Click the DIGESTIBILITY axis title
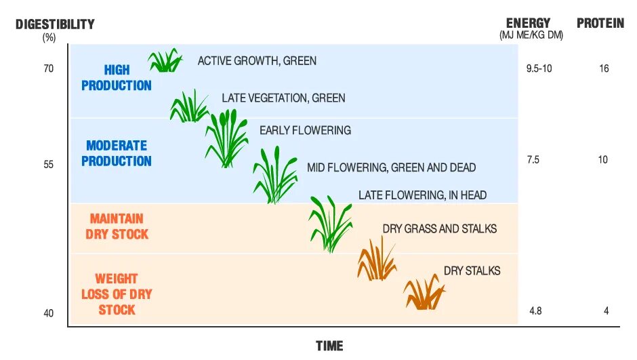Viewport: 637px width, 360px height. pyautogui.click(x=56, y=24)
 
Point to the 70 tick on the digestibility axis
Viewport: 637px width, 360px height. pyautogui.click(x=49, y=68)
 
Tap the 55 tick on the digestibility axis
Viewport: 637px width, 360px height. pyautogui.click(x=49, y=164)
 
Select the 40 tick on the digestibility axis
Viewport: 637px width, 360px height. pyautogui.click(x=49, y=313)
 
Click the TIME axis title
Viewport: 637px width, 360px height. pyautogui.click(x=329, y=346)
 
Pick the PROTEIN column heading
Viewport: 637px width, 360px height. pyautogui.click(x=600, y=24)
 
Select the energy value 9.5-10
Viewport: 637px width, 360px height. pyautogui.click(x=539, y=68)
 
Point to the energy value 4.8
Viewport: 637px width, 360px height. pyautogui.click(x=535, y=311)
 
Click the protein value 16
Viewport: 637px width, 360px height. pyautogui.click(x=604, y=68)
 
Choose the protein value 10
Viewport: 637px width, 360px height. pyautogui.click(x=603, y=160)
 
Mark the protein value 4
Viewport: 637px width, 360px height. pyautogui.click(x=606, y=311)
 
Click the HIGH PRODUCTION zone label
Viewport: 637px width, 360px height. pyautogui.click(x=117, y=77)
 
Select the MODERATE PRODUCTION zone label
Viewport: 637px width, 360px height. pyautogui.click(x=117, y=153)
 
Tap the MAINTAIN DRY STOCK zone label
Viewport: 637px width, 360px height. pyautogui.click(x=117, y=226)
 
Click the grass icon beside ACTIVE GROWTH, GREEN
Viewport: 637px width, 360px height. pyautogui.click(x=165, y=60)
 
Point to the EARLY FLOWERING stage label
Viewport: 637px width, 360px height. pyautogui.click(x=305, y=130)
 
